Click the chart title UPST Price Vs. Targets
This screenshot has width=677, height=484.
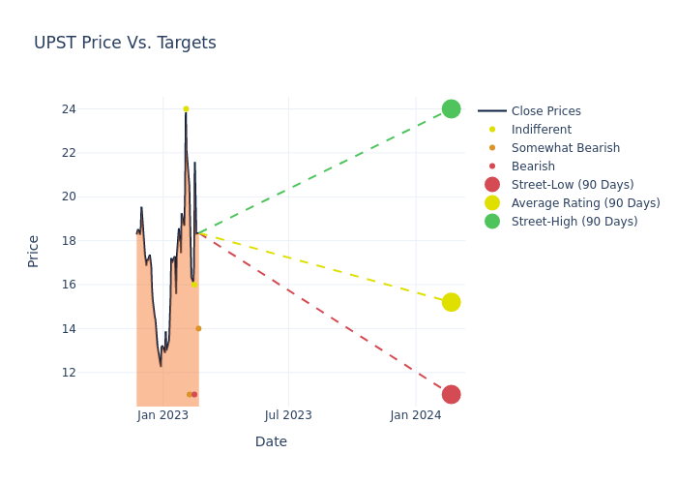tap(125, 44)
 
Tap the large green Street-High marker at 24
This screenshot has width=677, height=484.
tap(451, 108)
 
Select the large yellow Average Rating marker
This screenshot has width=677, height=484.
tap(451, 302)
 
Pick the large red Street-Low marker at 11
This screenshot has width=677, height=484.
tap(451, 394)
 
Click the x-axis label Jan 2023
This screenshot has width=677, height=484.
tap(162, 415)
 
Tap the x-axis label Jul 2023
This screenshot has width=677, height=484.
tap(288, 415)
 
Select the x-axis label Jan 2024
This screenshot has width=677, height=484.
tap(416, 415)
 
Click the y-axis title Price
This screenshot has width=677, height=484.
tap(34, 251)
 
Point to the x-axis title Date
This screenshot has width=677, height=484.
tap(271, 442)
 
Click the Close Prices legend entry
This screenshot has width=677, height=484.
tap(545, 111)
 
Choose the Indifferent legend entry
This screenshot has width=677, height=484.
tap(541, 130)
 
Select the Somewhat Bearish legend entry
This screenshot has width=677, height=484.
tap(565, 148)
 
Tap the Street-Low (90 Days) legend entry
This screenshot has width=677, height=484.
tap(572, 185)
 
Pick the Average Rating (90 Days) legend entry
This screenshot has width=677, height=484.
tap(585, 203)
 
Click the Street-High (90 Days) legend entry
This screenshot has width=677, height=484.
tap(574, 222)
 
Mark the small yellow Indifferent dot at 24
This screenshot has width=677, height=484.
tap(186, 109)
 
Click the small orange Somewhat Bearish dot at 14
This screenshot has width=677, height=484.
tap(198, 328)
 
